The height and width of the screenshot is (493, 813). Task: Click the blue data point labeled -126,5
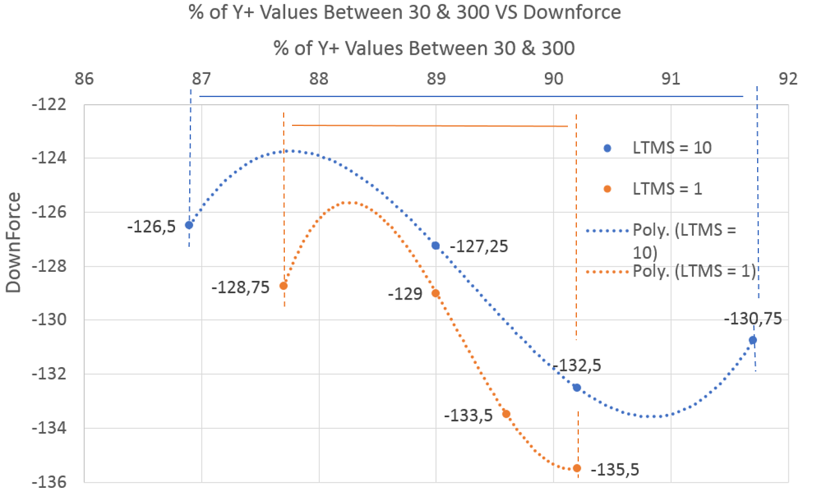pos(189,225)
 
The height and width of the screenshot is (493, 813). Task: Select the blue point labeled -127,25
pos(435,246)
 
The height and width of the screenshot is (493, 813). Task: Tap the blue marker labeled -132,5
pos(576,388)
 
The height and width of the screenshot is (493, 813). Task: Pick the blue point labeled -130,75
pos(753,340)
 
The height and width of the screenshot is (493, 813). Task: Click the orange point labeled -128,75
pos(283,285)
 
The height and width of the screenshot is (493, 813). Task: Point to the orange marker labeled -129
pos(435,293)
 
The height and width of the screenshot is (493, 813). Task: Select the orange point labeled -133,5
pos(506,414)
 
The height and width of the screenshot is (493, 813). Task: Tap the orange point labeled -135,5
pos(576,469)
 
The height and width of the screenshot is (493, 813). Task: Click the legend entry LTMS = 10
pos(671,148)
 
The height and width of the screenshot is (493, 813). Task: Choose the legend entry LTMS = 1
pos(667,189)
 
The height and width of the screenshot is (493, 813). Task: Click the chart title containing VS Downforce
pos(405,13)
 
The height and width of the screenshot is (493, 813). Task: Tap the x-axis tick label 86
pos(84,79)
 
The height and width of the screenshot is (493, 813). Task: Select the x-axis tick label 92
pos(787,79)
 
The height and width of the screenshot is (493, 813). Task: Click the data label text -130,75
pos(753,319)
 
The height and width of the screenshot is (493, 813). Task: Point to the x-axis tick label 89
pos(435,79)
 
